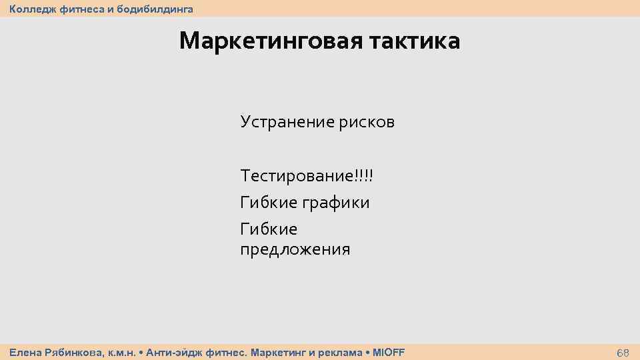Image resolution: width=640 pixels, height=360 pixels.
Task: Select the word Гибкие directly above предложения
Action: pos(269,229)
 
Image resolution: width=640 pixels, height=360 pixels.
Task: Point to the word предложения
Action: pos(295,250)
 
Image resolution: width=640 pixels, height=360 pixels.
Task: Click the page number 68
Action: pos(623,353)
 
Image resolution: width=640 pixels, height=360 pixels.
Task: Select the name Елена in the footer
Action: pos(23,352)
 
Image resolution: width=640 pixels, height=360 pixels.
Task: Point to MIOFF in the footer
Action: pos(388,352)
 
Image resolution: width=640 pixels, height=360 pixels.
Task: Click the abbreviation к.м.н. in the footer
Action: pos(122,352)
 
